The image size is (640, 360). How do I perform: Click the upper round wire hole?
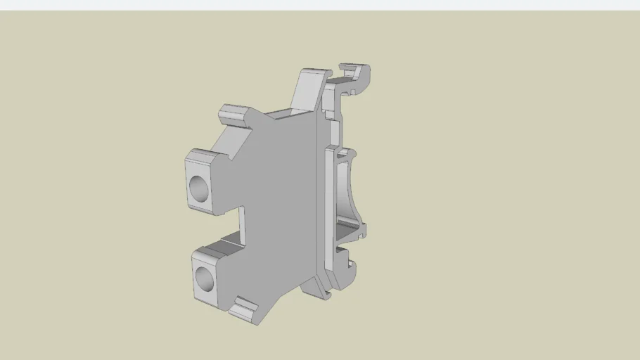coord(200,188)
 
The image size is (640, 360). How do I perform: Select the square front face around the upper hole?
coord(200,184)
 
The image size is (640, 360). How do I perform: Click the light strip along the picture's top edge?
coord(320,5)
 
